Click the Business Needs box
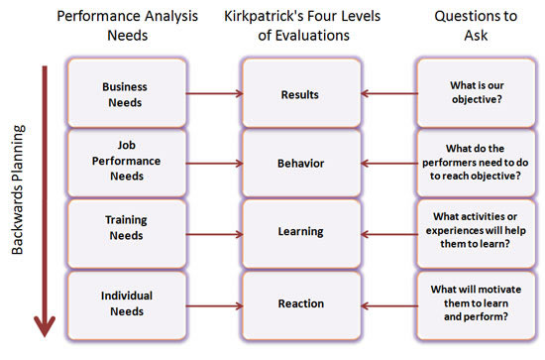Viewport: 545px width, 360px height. click(125, 93)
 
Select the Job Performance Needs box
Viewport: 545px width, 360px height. click(125, 163)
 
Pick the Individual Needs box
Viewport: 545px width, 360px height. click(125, 300)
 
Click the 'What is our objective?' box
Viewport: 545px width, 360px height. click(474, 94)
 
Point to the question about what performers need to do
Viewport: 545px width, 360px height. click(474, 163)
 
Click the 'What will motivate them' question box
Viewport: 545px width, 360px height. click(474, 300)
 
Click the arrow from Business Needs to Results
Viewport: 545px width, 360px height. click(213, 94)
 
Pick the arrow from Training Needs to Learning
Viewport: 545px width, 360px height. click(213, 232)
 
